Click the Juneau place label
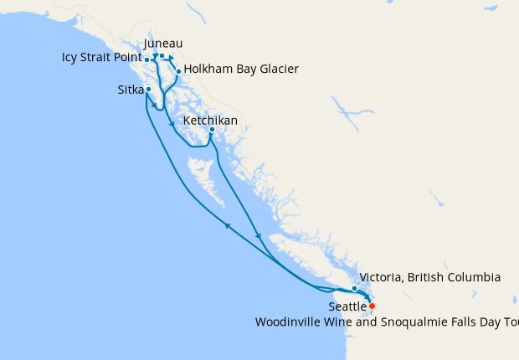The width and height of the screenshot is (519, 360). click(x=163, y=43)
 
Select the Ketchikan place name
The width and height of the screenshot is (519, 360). click(x=210, y=121)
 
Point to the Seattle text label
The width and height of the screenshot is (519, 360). click(x=347, y=307)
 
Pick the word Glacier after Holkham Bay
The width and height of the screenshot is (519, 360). click(x=276, y=69)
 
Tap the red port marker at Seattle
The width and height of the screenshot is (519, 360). click(x=372, y=306)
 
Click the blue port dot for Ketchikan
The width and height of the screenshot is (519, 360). click(x=212, y=130)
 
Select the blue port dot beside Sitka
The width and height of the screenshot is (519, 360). click(x=148, y=89)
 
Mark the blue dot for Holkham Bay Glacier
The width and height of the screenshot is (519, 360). click(x=178, y=71)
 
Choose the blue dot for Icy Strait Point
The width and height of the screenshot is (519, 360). click(x=147, y=59)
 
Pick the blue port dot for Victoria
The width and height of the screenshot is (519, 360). click(x=355, y=288)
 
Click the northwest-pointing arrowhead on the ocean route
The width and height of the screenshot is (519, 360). click(x=227, y=224)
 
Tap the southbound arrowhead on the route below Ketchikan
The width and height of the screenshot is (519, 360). click(x=259, y=236)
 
